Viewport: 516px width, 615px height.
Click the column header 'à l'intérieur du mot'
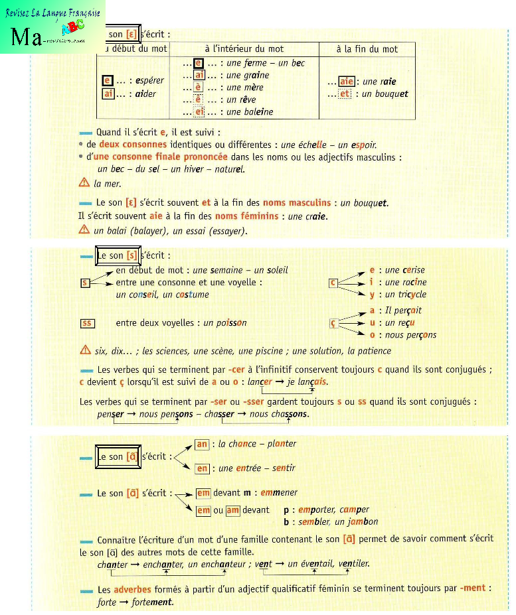(244, 49)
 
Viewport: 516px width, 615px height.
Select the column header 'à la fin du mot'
(367, 49)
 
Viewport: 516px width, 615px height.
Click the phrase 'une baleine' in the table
(250, 112)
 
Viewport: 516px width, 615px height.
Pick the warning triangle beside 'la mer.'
(84, 183)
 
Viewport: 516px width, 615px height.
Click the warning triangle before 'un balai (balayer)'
(84, 230)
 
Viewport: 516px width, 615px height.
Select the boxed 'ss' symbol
(87, 323)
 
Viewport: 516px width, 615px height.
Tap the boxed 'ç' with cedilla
(335, 323)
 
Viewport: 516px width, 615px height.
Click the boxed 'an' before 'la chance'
(202, 444)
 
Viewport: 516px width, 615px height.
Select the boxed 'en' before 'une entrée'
(202, 468)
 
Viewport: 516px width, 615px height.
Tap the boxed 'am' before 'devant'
(232, 510)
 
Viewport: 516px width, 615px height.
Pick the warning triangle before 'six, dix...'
(84, 350)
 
